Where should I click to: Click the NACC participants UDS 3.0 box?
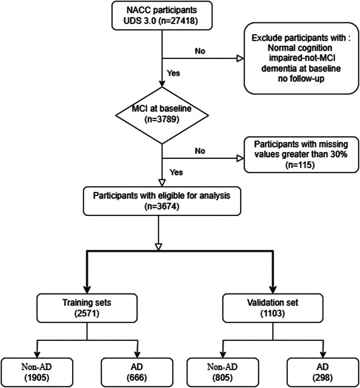point(162,16)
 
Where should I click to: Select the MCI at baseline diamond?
point(162,115)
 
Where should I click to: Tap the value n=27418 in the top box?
point(178,21)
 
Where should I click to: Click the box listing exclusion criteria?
point(302,58)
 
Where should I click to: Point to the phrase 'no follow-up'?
point(301,79)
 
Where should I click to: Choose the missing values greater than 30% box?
point(302,155)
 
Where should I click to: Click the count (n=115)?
point(300,165)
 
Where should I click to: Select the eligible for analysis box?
point(162,201)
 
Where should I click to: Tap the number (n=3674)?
point(162,206)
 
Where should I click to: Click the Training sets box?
point(87,308)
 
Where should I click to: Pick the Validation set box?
point(273,308)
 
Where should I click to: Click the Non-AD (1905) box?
point(37,372)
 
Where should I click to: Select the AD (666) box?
point(137,372)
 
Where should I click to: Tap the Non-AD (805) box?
point(223,372)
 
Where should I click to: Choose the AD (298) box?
point(323,372)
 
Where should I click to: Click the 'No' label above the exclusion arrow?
point(200,51)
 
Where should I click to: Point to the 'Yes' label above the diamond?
point(173,73)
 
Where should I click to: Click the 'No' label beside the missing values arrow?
point(200,151)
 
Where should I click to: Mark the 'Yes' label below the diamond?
point(176,172)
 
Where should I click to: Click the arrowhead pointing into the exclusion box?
point(241,58)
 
